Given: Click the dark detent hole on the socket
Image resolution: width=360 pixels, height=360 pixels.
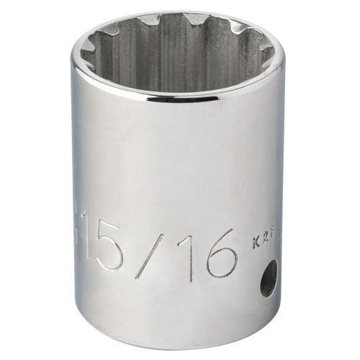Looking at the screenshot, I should click(268, 277).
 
